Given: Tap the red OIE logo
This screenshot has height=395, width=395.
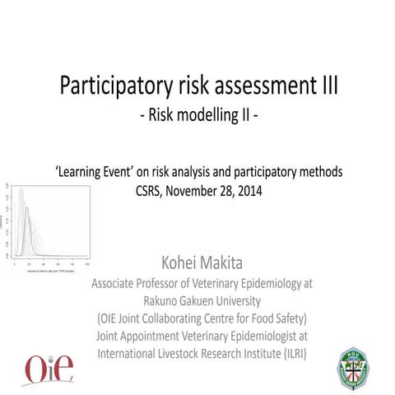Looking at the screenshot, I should pyautogui.click(x=48, y=367).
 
